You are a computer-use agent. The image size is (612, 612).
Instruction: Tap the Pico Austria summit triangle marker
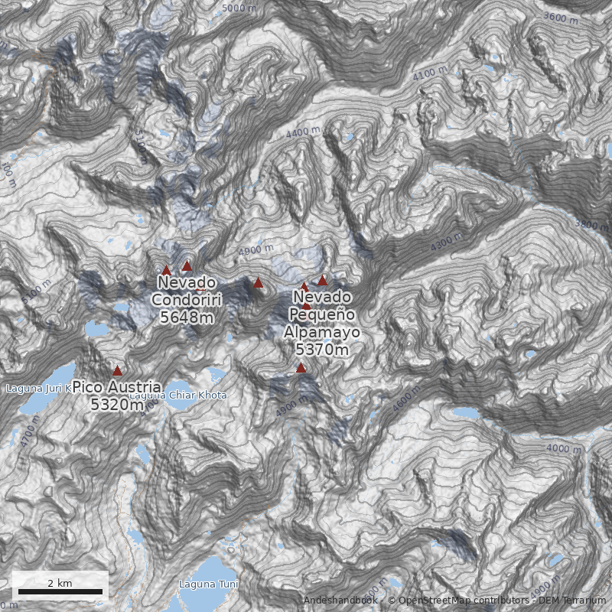pos(117,371)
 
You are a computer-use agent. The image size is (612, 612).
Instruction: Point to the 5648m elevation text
pos(187,317)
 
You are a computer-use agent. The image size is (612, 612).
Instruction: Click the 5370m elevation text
pos(321,350)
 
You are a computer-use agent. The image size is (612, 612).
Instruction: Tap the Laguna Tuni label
pos(208,584)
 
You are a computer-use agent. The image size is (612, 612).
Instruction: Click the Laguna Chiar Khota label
pos(177,396)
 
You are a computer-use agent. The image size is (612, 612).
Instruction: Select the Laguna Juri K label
pos(38,388)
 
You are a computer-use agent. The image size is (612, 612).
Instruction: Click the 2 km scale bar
pos(60,591)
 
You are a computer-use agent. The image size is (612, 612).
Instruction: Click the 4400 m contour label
pos(303,132)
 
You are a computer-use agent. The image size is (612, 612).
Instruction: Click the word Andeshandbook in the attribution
pos(340,601)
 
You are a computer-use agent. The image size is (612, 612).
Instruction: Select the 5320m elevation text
pos(116,405)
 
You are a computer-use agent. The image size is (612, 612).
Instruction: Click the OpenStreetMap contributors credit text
pos(459,601)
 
